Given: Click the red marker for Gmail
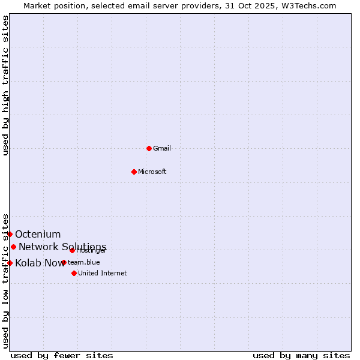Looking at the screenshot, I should point(149,148).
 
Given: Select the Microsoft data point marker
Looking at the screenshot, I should point(134,172).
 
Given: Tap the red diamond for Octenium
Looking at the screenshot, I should point(10,234).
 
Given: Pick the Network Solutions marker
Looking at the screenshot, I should point(13,247).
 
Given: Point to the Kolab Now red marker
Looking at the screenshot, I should point(10,263).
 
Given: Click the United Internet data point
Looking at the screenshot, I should point(74,273).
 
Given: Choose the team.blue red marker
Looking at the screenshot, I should point(64,262).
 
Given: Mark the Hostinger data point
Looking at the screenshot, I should point(72,250).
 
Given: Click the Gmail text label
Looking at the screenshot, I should point(162,148).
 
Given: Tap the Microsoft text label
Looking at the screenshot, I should point(152,172).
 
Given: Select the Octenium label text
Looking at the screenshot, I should point(38,234).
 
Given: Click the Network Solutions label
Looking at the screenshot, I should point(62,247).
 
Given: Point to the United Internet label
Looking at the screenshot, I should point(103,273).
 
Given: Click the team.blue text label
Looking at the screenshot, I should point(84,262).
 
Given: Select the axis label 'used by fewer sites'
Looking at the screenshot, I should point(62,355).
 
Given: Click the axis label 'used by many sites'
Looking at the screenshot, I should point(301,355).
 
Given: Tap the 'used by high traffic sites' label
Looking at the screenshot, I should point(5,85).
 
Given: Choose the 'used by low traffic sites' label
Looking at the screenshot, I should point(5,281).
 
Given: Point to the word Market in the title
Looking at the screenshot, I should point(37,5).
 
